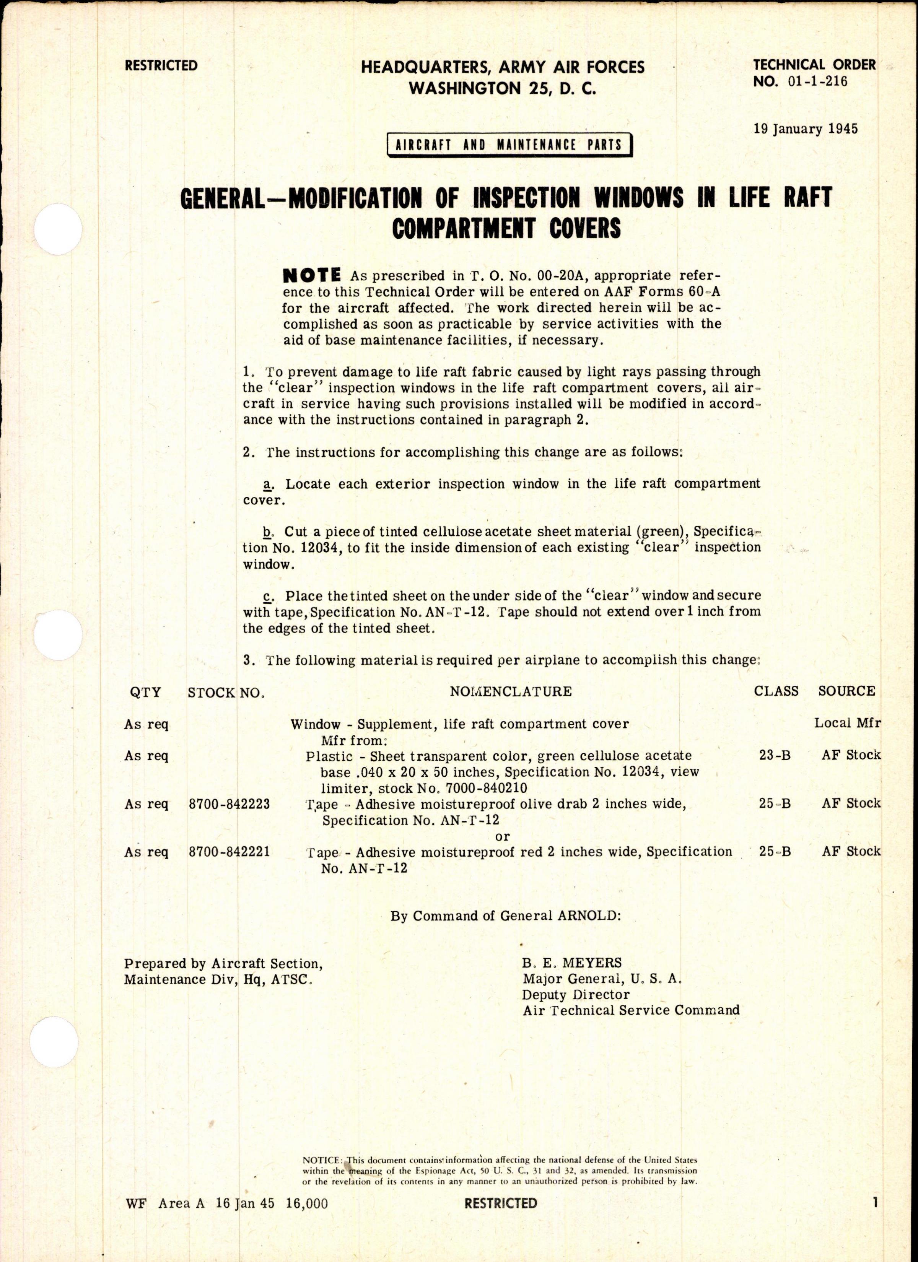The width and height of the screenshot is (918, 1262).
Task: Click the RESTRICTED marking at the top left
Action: point(161,66)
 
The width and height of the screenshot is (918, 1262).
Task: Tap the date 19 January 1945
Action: point(806,129)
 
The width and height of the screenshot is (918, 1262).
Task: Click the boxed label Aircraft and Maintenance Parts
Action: point(509,145)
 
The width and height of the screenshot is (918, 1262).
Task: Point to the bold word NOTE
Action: point(312,275)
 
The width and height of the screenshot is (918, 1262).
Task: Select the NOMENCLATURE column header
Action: point(511,692)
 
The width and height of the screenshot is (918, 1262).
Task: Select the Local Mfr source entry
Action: point(847,724)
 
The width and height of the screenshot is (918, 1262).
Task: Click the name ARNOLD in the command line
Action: point(580,916)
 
